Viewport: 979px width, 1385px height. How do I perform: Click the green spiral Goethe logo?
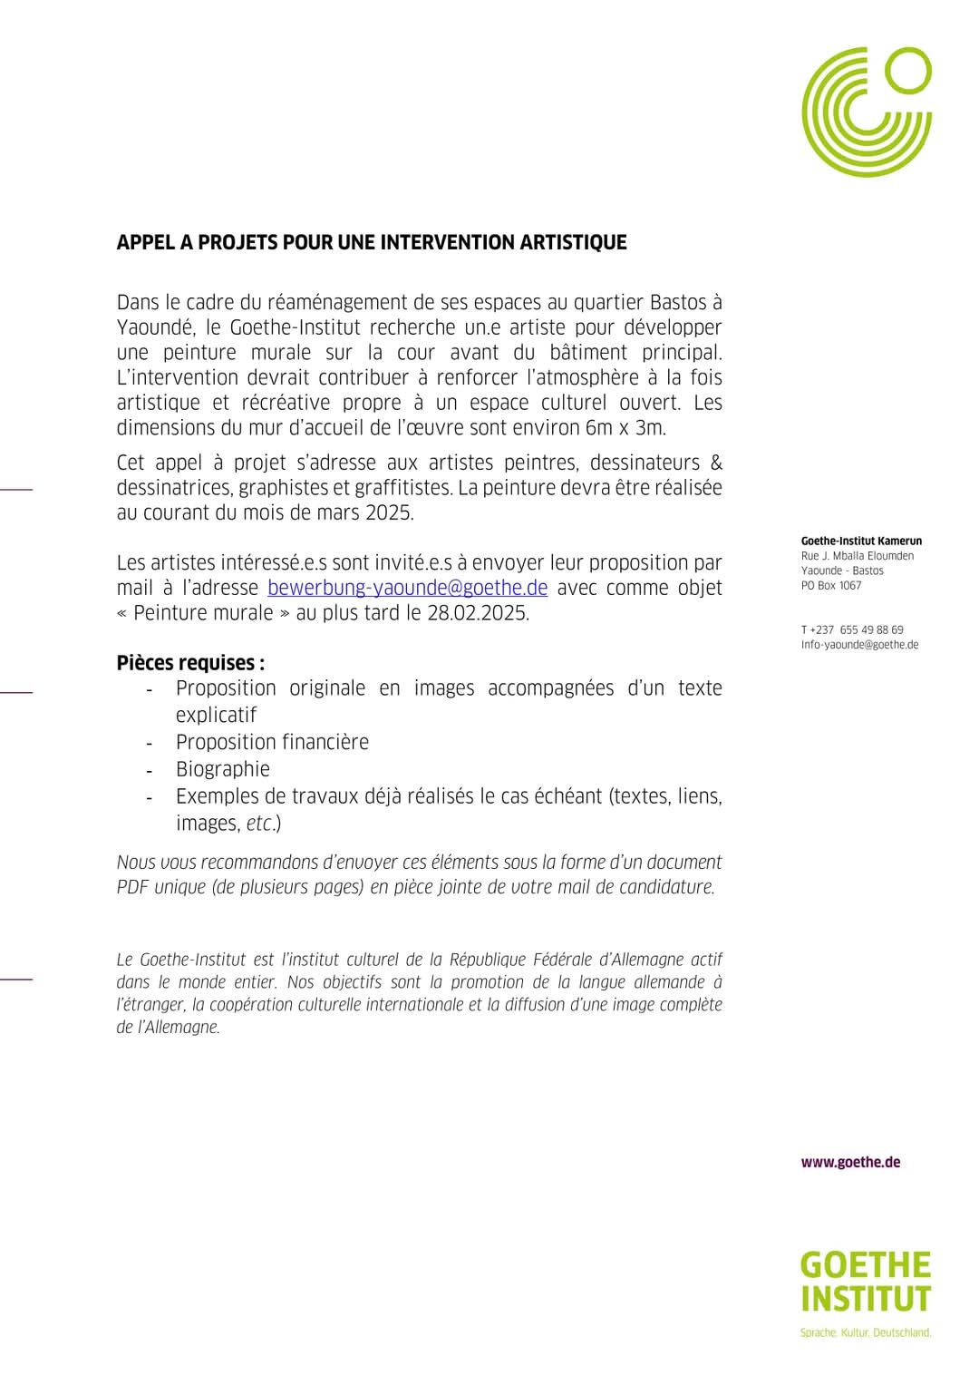click(x=866, y=111)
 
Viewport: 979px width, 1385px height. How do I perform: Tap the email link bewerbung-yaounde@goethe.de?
click(x=408, y=588)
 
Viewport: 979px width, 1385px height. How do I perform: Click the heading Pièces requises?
click(x=190, y=663)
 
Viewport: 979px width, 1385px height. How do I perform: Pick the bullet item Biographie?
click(x=223, y=769)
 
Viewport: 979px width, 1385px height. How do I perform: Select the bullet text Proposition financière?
click(x=272, y=742)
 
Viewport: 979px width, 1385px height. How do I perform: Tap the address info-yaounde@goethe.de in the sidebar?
click(x=859, y=645)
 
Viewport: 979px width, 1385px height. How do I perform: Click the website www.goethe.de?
click(x=850, y=1163)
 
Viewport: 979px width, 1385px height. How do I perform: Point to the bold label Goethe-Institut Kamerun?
click(x=861, y=541)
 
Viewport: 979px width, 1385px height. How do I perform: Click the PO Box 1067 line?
click(x=831, y=586)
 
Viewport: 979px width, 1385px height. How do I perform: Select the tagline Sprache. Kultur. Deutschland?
click(x=866, y=1332)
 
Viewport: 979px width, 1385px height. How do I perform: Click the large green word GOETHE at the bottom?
click(x=866, y=1265)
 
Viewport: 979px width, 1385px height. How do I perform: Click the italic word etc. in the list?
click(x=261, y=824)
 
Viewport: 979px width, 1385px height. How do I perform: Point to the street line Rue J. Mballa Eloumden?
click(x=858, y=556)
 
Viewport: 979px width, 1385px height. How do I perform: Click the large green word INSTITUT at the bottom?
click(x=866, y=1299)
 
